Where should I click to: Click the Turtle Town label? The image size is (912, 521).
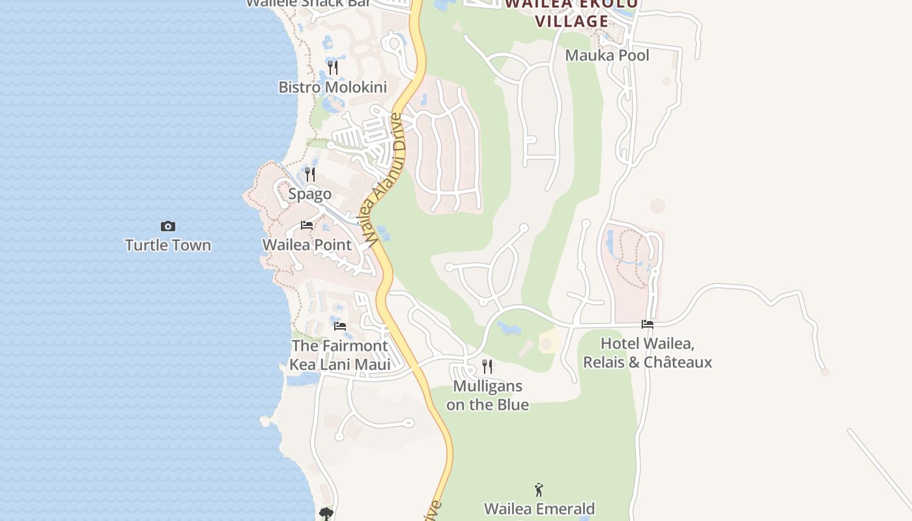point(167,246)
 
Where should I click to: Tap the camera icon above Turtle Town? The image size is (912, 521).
point(167,227)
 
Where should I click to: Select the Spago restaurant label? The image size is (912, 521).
point(310,194)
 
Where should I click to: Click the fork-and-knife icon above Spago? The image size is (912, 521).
point(310,175)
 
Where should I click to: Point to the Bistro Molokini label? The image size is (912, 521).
point(332,87)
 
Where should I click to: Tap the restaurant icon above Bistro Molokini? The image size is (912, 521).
point(332,68)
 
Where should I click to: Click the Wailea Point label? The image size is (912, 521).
point(307,245)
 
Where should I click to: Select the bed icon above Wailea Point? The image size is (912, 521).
point(307,226)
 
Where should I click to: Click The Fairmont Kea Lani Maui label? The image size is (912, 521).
point(339,355)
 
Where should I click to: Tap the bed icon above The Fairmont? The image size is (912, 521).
point(339,326)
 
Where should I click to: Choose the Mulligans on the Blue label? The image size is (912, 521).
point(487,395)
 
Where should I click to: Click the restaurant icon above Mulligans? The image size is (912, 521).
point(487,367)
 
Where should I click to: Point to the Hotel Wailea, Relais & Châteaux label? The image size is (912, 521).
point(648,352)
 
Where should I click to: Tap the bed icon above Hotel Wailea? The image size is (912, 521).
point(648,324)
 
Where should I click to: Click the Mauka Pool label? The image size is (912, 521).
point(607,55)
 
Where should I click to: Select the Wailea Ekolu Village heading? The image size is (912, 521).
point(571,13)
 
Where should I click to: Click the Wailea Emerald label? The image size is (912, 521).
point(539,508)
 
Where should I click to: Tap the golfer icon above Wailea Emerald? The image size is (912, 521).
point(539,490)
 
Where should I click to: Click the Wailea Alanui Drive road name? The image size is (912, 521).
point(386,179)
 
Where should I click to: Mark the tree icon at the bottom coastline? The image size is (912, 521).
point(326,514)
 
